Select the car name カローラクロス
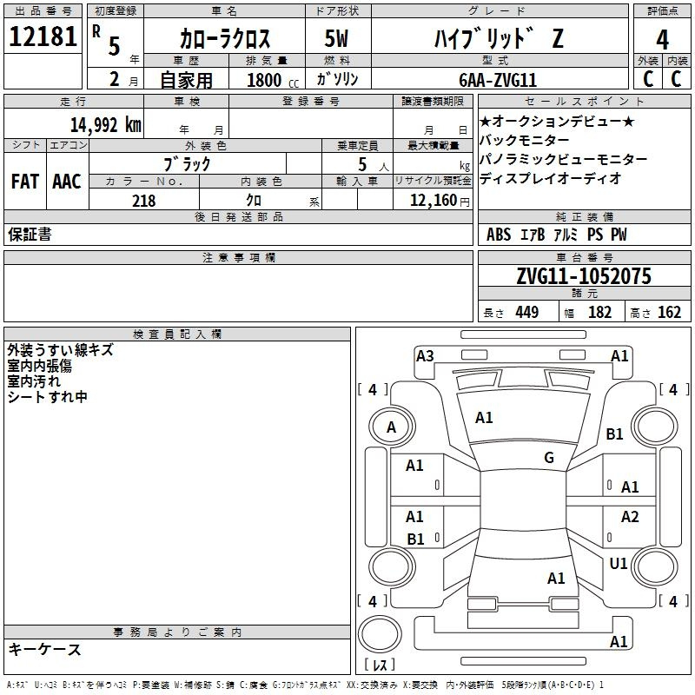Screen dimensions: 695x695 coord(225,38)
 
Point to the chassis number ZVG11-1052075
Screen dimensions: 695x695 coord(584,276)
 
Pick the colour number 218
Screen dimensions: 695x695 coord(143,201)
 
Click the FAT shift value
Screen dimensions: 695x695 coord(24,182)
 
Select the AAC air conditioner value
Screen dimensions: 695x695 coord(67,182)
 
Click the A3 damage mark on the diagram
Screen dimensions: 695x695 coord(425,355)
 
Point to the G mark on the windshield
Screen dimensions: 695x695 coord(548,458)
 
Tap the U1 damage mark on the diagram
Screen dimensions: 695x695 coord(619,564)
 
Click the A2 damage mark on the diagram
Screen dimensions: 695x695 coord(630,517)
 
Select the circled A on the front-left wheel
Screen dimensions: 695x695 coord(391,427)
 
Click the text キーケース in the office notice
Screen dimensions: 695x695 coord(44,650)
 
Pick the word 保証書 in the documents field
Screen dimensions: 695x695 coord(30,235)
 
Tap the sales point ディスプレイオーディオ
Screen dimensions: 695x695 coord(550,179)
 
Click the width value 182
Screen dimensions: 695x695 coord(599,312)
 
